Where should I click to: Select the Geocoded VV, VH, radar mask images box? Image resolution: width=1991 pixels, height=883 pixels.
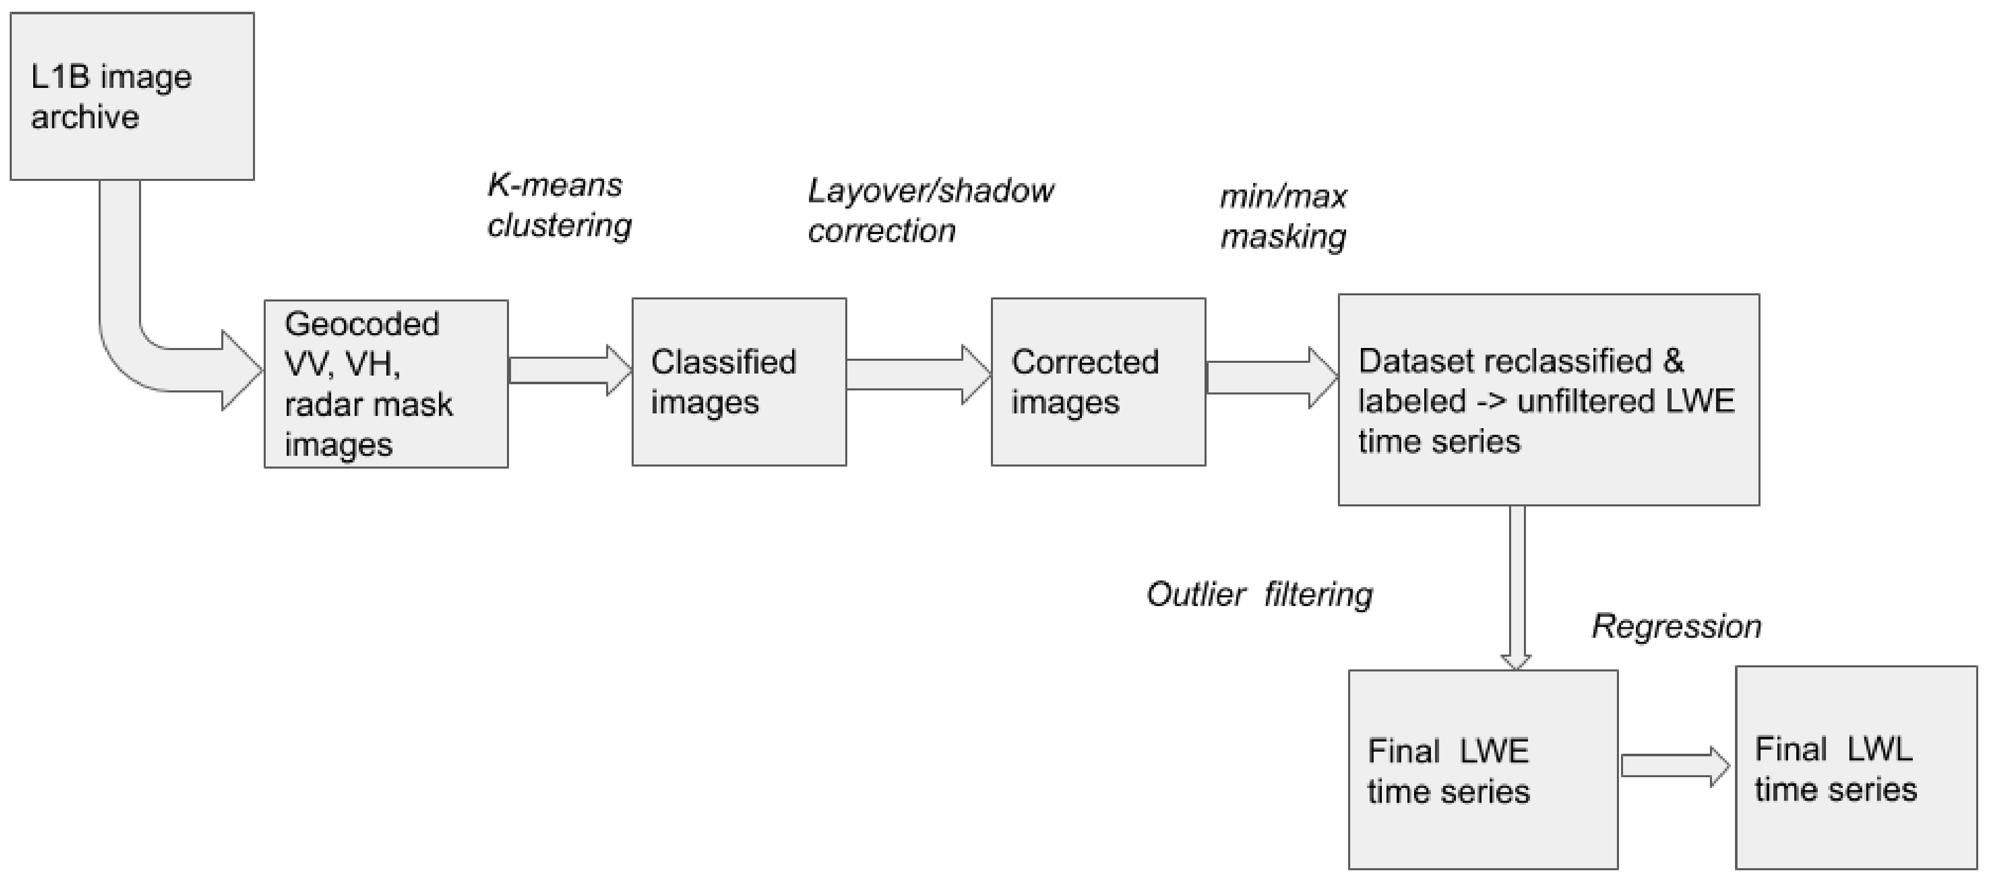386,384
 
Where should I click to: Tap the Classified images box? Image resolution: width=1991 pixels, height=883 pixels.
739,382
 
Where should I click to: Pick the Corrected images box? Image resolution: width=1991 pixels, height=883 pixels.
1098,382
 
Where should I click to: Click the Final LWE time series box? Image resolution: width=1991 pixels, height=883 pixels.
1483,770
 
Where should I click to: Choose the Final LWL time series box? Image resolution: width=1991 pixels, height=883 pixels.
1855,768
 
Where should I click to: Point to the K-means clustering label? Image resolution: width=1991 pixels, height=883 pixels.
559,205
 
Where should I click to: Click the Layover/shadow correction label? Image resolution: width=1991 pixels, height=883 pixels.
930,210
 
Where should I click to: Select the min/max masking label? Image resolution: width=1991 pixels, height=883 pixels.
1283,216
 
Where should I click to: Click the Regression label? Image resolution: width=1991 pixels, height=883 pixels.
1676,626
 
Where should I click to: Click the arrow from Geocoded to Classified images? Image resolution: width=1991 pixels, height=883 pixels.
570,370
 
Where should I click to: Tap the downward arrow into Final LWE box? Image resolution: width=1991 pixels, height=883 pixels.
1516,587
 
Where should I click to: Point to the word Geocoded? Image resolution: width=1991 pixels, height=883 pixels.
362,323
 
